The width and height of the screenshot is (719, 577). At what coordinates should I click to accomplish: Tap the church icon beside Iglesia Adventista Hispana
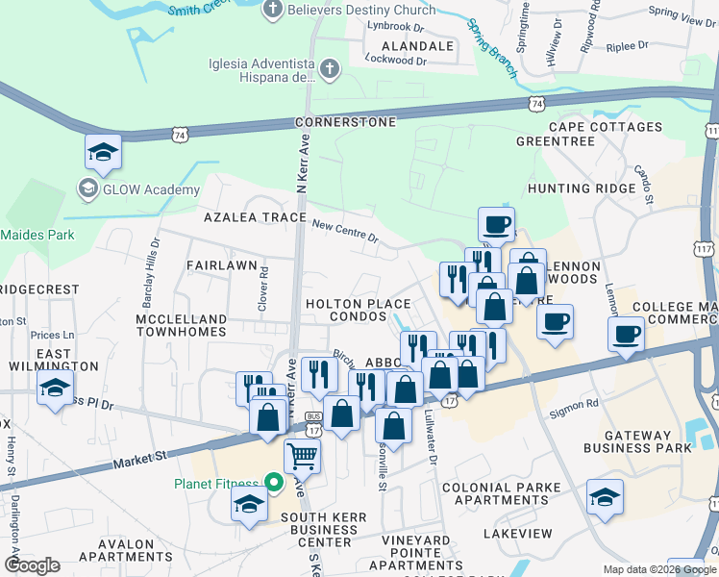pos(330,69)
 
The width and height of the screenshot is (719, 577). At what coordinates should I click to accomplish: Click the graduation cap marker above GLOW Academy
pos(103,151)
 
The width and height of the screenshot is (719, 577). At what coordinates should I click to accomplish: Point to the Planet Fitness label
pos(214,483)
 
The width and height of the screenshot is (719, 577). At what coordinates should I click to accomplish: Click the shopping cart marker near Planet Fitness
pos(302,457)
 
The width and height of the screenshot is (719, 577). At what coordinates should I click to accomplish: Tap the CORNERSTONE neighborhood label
pos(345,123)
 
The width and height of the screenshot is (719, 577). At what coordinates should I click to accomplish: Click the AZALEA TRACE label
pos(254,217)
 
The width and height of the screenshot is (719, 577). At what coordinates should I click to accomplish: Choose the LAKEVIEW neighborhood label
pos(518,533)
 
